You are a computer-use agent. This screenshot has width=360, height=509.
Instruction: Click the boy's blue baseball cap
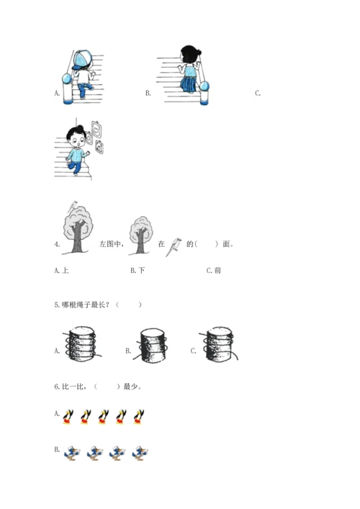(x=82, y=60)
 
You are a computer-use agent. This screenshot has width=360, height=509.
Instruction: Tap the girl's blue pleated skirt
(x=188, y=84)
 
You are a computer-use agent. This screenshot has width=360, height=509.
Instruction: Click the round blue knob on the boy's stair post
(x=67, y=78)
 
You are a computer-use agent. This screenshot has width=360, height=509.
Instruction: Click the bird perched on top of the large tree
(x=73, y=206)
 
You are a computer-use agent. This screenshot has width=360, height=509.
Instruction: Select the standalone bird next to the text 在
(x=174, y=247)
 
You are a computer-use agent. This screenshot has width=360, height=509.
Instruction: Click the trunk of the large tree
(x=77, y=237)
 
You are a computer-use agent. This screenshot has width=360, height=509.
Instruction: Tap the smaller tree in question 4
(x=140, y=235)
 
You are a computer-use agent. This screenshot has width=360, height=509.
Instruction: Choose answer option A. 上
(x=61, y=271)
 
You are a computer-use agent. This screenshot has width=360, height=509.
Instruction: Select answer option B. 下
(x=138, y=271)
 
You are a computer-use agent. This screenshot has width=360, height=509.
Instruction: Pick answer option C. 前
(x=214, y=271)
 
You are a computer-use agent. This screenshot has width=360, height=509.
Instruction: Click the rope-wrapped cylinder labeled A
(x=82, y=344)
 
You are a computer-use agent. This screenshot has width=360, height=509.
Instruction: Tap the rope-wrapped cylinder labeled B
(x=152, y=346)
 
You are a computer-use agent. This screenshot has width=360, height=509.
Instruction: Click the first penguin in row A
(x=68, y=417)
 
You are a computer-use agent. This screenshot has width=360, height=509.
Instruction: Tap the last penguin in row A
(x=139, y=417)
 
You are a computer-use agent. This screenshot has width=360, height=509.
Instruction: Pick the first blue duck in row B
(x=72, y=453)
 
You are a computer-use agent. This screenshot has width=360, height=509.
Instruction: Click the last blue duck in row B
(x=140, y=453)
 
